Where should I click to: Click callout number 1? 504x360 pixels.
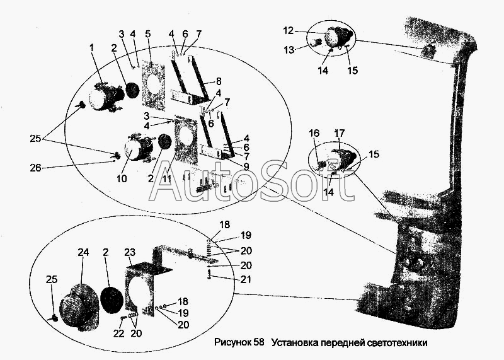point(92,49)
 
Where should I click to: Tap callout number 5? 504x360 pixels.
point(148,34)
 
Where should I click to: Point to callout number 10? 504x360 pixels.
point(122,178)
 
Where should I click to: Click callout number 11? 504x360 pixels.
point(166,178)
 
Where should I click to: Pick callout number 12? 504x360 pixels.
point(289,30)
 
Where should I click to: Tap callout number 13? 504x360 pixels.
point(289,50)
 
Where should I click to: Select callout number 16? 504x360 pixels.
point(314,133)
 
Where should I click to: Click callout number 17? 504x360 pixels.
point(340,133)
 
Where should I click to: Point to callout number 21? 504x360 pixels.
point(246,279)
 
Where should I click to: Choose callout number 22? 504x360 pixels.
point(118,334)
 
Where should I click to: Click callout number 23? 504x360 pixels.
point(130,252)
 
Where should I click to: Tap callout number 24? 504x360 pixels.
point(83,252)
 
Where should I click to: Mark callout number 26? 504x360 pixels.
point(36,168)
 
